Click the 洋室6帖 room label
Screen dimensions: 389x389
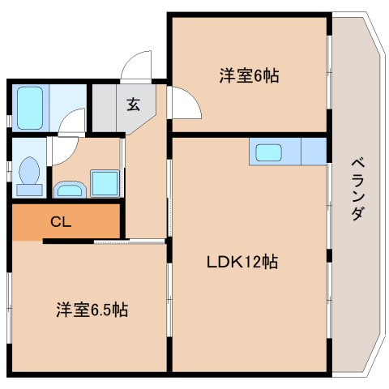249,75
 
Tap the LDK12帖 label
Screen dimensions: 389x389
242,262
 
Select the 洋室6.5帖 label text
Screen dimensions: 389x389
92,310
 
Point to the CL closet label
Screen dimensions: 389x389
61,222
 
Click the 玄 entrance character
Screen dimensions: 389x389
134,105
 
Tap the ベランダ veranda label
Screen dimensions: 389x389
358,190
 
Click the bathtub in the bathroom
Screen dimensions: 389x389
30,108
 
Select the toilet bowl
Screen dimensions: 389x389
29,171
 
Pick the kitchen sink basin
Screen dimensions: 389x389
268,152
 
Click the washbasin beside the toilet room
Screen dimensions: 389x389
70,190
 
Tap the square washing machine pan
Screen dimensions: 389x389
105,183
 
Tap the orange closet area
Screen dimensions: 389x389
66,222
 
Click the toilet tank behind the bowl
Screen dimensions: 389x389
29,190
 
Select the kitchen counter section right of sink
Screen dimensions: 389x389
314,152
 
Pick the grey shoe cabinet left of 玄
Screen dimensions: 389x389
105,108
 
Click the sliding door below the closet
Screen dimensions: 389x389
129,242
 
